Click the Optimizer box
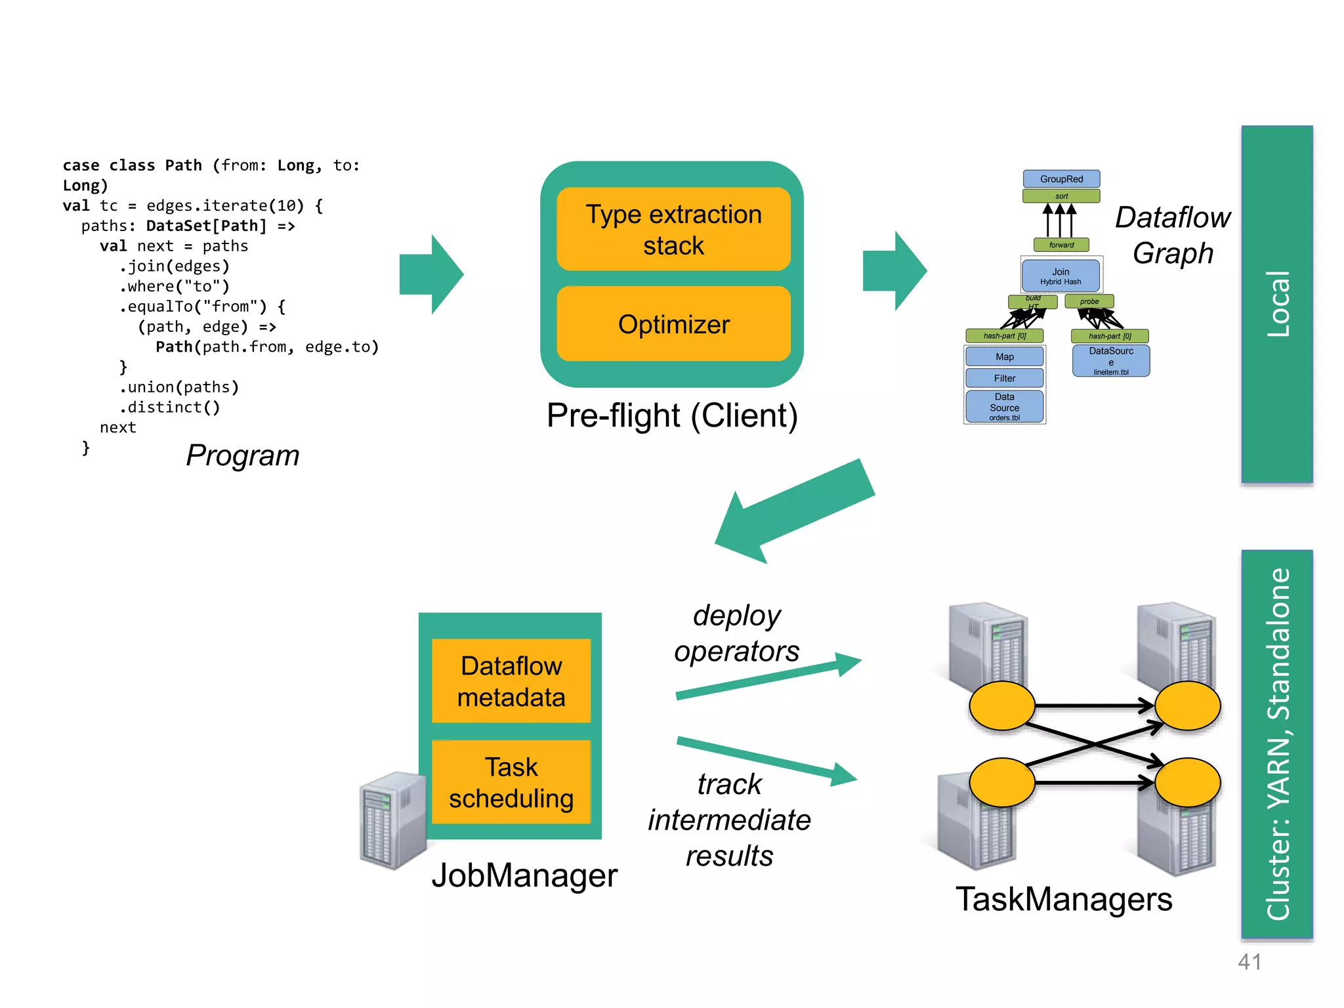point(673,324)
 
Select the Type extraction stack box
point(673,230)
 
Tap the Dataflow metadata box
point(511,681)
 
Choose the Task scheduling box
point(511,782)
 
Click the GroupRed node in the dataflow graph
point(1061,179)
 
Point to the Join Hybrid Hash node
point(1060,276)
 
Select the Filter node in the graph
point(1004,378)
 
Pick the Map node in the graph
point(1004,357)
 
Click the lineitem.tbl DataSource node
point(1111,360)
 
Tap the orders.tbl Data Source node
point(1004,407)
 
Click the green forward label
point(1061,245)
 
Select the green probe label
point(1089,302)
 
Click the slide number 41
point(1249,962)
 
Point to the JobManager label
point(524,875)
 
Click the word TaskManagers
point(1064,899)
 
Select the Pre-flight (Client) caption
point(672,415)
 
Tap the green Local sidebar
point(1277,304)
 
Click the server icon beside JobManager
point(393,820)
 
